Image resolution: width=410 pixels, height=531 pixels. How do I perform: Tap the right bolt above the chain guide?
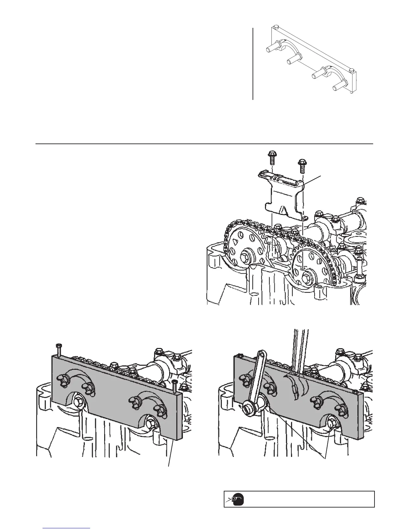point(302,165)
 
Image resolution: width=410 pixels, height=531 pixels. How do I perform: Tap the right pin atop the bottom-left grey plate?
point(174,386)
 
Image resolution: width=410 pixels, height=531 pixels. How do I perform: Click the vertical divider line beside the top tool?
point(253,64)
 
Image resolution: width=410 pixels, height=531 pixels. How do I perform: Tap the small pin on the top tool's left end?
point(275,27)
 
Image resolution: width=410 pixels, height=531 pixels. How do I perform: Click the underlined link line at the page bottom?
point(67,528)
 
